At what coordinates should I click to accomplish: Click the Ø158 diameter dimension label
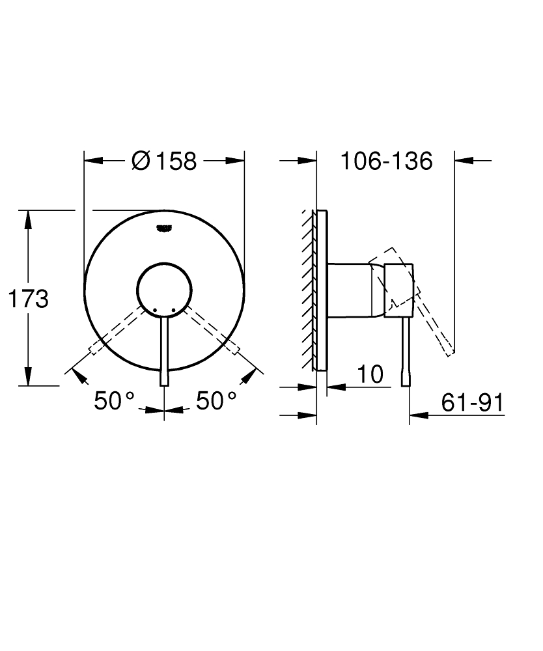point(163,161)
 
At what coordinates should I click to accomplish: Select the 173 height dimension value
point(28,299)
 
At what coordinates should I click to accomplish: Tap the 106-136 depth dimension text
point(386,161)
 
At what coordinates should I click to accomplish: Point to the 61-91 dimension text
point(472,403)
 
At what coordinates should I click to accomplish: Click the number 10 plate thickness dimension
point(370,374)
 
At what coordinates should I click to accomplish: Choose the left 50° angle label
point(114,400)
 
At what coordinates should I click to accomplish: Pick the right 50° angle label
point(216,400)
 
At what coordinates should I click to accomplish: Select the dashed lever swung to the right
point(213,329)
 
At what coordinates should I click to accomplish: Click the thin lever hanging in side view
point(406,352)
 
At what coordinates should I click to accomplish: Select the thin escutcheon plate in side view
point(320,290)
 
